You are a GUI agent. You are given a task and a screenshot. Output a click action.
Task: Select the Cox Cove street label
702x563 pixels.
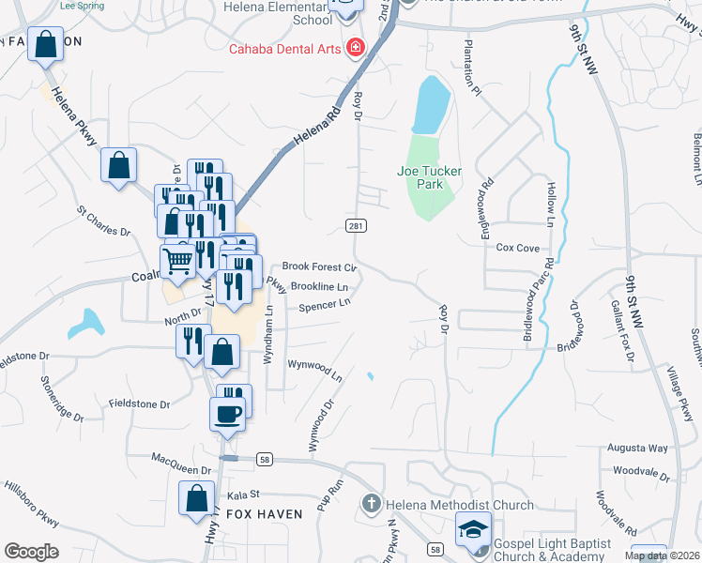517,249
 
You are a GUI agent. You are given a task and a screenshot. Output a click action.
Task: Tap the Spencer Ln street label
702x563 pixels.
325,304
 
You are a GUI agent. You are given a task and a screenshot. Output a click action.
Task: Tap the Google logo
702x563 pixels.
31,552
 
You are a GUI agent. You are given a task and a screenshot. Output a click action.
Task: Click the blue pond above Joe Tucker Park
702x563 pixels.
427,106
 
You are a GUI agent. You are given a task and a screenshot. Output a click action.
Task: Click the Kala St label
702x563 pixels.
241,494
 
